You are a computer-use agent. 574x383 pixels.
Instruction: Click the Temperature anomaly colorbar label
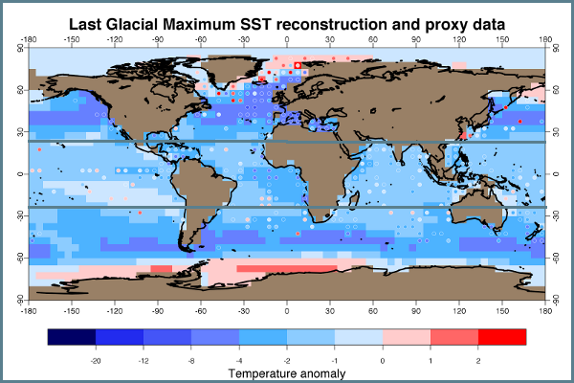coord(286,372)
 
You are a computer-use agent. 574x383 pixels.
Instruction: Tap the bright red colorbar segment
coord(502,337)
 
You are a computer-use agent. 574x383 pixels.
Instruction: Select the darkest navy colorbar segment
coord(72,337)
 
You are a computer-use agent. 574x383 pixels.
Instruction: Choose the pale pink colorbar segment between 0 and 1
coord(407,337)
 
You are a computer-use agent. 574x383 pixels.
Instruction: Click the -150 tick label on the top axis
coord(72,40)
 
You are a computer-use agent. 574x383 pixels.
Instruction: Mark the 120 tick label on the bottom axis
coord(459,309)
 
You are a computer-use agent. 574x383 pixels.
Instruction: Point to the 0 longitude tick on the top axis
coord(287,40)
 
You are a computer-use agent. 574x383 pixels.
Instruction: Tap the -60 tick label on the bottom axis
coord(201,309)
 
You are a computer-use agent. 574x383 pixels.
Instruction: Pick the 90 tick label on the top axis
coord(416,40)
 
